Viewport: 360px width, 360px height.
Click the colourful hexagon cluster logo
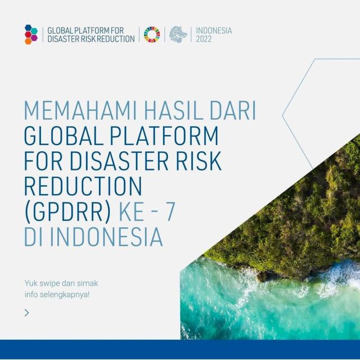tap(31, 34)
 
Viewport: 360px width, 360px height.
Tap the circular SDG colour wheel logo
tap(152, 35)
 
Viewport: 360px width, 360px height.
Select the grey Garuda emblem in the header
tap(178, 35)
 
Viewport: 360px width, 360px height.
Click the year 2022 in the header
tap(204, 39)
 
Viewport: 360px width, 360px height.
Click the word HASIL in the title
tap(174, 110)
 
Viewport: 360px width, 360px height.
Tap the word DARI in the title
tap(233, 110)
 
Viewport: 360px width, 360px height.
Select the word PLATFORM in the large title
tap(164, 136)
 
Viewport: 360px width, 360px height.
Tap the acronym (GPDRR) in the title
tap(67, 211)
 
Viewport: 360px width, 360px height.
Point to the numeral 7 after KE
tap(170, 211)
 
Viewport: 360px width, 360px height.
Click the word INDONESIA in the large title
tap(106, 237)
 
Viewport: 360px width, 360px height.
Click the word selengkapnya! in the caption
tap(65, 295)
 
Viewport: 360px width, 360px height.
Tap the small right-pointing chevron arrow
tap(27, 313)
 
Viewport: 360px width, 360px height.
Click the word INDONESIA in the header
tap(214, 30)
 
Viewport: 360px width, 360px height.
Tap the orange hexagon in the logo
tap(28, 41)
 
